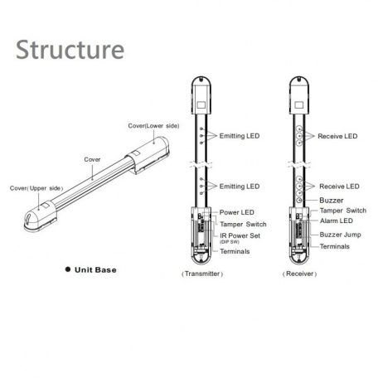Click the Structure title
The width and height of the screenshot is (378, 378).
tap(70, 50)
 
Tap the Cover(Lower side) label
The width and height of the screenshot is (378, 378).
tap(153, 126)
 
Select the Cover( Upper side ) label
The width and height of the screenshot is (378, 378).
tap(36, 188)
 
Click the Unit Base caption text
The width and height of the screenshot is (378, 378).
tap(95, 270)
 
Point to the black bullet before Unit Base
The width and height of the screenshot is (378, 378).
tap(68, 269)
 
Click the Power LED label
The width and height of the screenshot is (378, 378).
tap(237, 212)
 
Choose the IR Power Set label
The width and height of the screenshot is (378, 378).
tap(240, 235)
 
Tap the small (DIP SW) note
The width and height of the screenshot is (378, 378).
tap(230, 242)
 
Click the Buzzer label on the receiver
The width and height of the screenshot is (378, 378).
tap(332, 201)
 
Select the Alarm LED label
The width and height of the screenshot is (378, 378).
tap(337, 220)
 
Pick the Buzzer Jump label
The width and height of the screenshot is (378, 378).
tap(340, 235)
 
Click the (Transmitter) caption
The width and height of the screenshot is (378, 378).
tap(202, 274)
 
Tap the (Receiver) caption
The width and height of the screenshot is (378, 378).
tap(299, 274)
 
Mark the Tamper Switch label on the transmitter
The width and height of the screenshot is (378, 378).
tap(243, 224)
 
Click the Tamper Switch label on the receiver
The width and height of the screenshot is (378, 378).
tap(343, 211)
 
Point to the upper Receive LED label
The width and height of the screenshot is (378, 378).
tap(337, 136)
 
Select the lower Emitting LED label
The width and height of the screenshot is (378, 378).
tap(240, 187)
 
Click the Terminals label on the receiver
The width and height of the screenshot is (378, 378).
tap(334, 246)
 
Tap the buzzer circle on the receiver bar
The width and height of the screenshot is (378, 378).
tap(299, 200)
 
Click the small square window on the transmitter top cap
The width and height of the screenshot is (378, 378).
tap(201, 105)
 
